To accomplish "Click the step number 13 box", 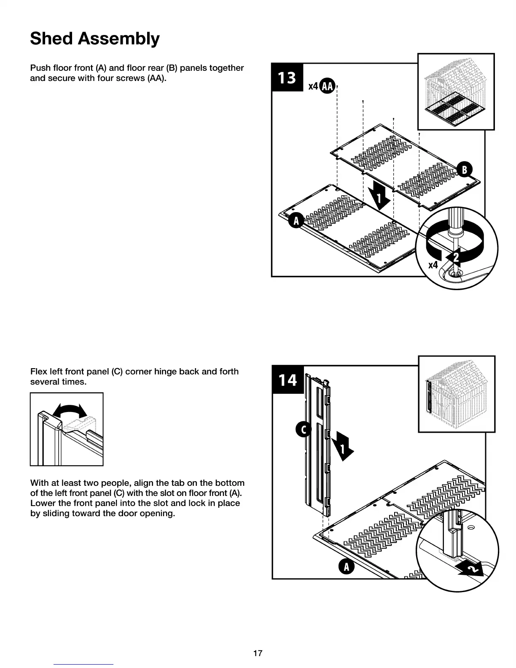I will pyautogui.click(x=287, y=78).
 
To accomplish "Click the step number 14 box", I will pyautogui.click(x=288, y=380).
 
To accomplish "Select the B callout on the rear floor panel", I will pyautogui.click(x=465, y=170).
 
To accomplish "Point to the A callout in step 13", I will pyautogui.click(x=296, y=221).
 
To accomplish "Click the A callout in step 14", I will pyautogui.click(x=347, y=567).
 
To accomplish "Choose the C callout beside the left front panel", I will pyautogui.click(x=303, y=430).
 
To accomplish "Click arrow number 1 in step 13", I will pyautogui.click(x=379, y=197).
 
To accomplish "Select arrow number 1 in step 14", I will pyautogui.click(x=342, y=449).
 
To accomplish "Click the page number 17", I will pyautogui.click(x=258, y=653).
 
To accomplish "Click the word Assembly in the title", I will pyautogui.click(x=119, y=38).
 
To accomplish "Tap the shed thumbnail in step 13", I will pyautogui.click(x=456, y=92).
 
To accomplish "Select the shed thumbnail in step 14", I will pyautogui.click(x=457, y=394).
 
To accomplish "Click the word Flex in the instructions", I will pyautogui.click(x=38, y=372).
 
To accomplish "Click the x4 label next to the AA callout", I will pyautogui.click(x=313, y=86).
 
